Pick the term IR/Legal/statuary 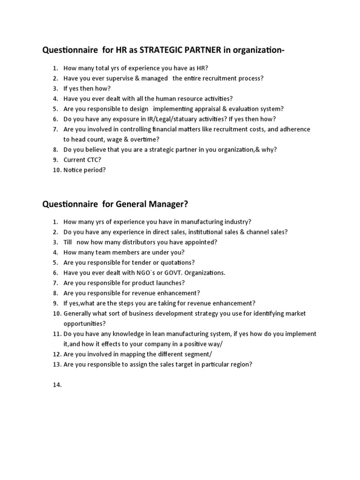pos(159,119)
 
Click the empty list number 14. pos(57,385)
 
